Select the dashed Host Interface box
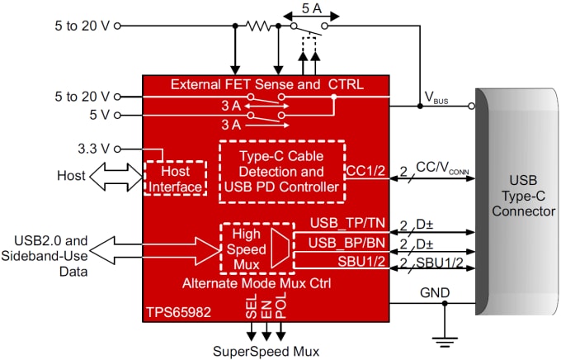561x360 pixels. pyautogui.click(x=174, y=178)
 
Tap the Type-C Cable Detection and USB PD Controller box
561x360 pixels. pyautogui.click(x=282, y=171)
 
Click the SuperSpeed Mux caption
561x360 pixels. pyautogui.click(x=266, y=350)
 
